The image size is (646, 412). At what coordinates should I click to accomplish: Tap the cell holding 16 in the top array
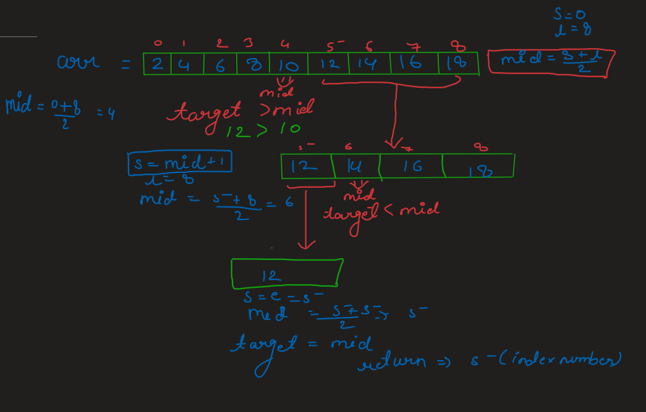tap(414, 64)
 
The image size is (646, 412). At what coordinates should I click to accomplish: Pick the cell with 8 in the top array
tap(252, 64)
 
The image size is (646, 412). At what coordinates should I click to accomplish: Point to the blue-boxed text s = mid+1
tap(179, 163)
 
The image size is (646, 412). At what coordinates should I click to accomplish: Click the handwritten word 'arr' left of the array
tap(78, 62)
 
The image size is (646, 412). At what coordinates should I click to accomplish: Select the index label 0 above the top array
tap(158, 43)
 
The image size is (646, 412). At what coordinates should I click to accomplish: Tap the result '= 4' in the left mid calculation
tap(106, 112)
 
